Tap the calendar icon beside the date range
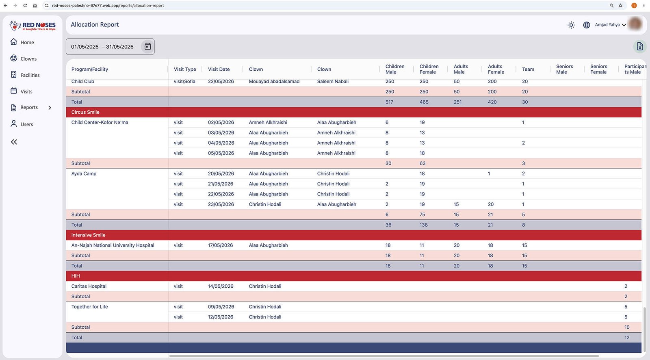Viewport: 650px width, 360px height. tap(148, 46)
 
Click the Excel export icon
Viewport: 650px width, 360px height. tap(639, 46)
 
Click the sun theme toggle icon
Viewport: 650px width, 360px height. tap(571, 25)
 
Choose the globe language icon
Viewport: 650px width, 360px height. tap(587, 25)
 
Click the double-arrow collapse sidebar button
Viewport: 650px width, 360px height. tap(14, 142)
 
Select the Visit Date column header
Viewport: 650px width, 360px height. tap(219, 69)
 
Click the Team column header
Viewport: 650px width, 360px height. tap(528, 69)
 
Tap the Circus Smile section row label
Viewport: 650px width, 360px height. tap(85, 112)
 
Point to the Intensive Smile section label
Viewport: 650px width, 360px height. tap(88, 235)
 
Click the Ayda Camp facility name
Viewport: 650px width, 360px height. tap(84, 173)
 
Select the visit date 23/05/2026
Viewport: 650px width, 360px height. tap(221, 204)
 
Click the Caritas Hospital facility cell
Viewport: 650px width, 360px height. tap(89, 286)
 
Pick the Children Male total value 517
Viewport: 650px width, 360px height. tap(389, 102)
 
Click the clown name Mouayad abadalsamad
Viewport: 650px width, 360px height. tap(274, 81)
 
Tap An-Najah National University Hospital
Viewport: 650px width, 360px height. tap(113, 245)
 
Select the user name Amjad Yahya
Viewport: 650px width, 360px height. tap(607, 25)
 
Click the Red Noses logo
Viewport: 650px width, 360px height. tap(32, 26)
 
